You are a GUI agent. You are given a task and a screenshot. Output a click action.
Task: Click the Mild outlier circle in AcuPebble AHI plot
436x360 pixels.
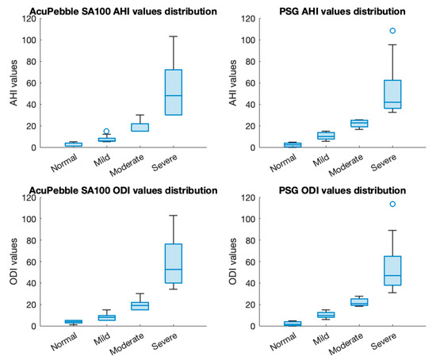click(106, 132)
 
